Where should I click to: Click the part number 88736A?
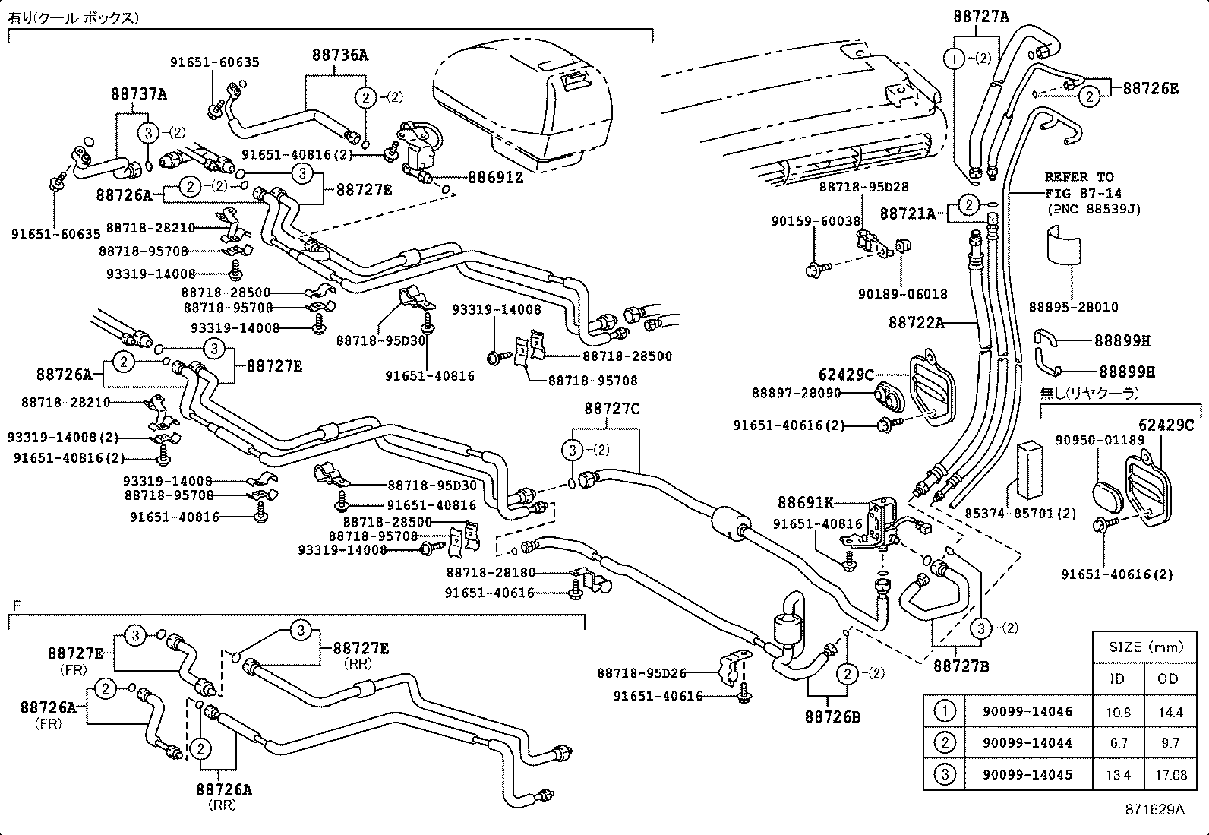point(339,55)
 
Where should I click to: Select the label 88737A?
point(138,94)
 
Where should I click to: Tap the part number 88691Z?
point(495,177)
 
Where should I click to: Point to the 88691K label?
point(805,502)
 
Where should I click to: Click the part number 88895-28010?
point(1073,307)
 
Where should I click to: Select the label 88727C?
point(611,409)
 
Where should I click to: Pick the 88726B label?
point(832,716)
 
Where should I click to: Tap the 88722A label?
point(916,323)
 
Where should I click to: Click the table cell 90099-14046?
point(1027,712)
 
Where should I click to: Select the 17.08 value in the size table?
point(1170,775)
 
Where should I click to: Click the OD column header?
point(1168,678)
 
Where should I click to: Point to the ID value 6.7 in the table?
point(1118,743)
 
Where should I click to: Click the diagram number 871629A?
point(1154,809)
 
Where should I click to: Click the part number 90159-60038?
point(816,221)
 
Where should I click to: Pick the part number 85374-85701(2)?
point(1020,513)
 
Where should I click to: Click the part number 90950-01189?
point(1100,440)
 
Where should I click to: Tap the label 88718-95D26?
point(641,672)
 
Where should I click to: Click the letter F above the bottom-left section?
point(16,606)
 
